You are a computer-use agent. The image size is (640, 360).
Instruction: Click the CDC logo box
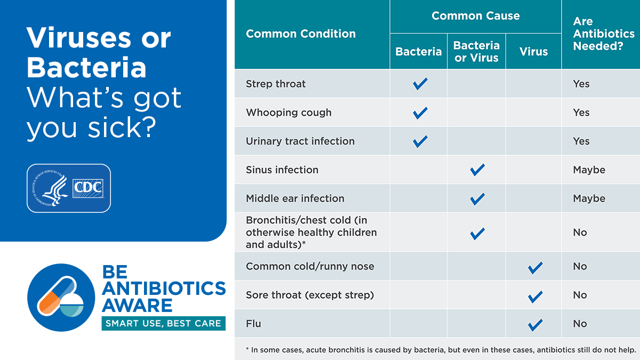pyautogui.click(x=87, y=188)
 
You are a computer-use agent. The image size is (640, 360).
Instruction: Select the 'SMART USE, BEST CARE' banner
pyautogui.click(x=163, y=323)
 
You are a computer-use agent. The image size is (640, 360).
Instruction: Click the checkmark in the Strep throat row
pyautogui.click(x=420, y=84)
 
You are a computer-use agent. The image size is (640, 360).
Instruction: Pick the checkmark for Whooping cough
pyautogui.click(x=420, y=113)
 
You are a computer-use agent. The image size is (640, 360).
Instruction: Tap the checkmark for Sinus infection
pyautogui.click(x=477, y=170)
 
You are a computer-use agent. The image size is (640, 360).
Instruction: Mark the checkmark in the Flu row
pyautogui.click(x=534, y=324)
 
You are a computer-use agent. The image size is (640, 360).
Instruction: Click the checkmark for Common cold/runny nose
pyautogui.click(x=534, y=267)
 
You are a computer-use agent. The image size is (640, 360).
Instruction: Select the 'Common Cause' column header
pyautogui.click(x=475, y=16)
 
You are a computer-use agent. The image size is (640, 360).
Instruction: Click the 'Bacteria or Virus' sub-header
pyautogui.click(x=476, y=52)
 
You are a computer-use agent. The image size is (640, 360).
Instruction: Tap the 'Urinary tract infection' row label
pyautogui.click(x=300, y=141)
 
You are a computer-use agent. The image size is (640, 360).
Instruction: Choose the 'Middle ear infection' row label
pyautogui.click(x=295, y=198)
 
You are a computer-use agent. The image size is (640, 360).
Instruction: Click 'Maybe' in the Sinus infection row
pyautogui.click(x=589, y=170)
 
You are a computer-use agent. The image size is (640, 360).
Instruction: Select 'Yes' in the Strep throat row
pyautogui.click(x=581, y=84)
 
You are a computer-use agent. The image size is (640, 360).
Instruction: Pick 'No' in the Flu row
pyautogui.click(x=580, y=324)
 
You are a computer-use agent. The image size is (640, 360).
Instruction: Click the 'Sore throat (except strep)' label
pyautogui.click(x=310, y=295)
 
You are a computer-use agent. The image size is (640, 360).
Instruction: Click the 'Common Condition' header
pyautogui.click(x=300, y=34)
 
